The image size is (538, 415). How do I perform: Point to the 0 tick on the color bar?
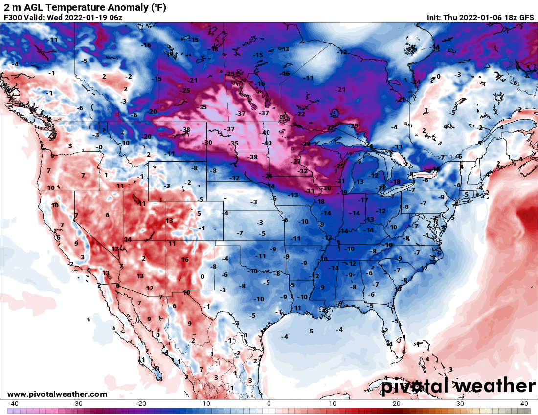tap(269, 404)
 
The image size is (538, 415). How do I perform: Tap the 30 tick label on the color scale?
tap(460, 404)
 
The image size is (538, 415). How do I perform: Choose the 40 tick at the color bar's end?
tap(524, 404)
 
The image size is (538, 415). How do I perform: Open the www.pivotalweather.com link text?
tap(57, 394)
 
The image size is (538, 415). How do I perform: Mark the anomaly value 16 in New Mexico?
tap(185, 260)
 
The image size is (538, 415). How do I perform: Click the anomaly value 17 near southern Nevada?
tap(115, 249)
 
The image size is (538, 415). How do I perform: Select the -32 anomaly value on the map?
tap(303, 171)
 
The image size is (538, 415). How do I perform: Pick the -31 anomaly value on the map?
tap(310, 191)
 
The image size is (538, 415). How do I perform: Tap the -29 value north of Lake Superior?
tap(354, 126)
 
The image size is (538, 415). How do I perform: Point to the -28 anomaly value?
tap(306, 144)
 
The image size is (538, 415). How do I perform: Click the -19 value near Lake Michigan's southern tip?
tap(344, 192)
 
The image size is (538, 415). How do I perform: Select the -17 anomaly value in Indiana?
tap(362, 200)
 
